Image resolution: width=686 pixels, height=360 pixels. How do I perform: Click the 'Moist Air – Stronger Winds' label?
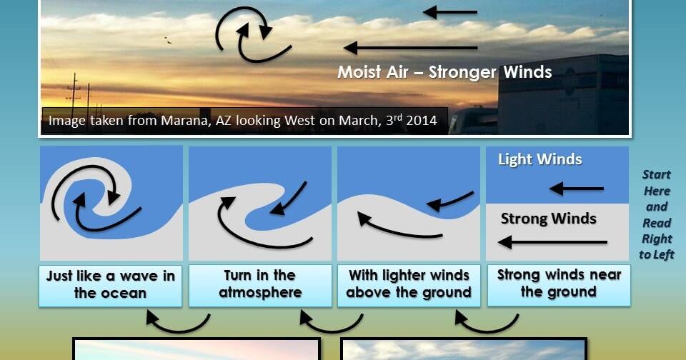(x=444, y=72)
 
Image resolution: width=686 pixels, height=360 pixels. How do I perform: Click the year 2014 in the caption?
(x=422, y=120)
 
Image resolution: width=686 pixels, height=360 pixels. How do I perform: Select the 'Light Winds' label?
(x=540, y=159)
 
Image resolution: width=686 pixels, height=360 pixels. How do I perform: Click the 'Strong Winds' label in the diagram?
(x=548, y=219)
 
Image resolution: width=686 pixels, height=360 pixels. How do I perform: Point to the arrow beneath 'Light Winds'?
(x=577, y=189)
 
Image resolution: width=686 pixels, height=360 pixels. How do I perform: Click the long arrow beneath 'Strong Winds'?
(x=552, y=242)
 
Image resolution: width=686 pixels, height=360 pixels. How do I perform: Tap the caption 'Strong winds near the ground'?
(x=559, y=284)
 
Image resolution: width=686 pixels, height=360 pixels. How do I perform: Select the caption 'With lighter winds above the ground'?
(x=409, y=284)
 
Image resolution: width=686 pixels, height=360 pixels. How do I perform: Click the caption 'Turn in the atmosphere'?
(x=260, y=284)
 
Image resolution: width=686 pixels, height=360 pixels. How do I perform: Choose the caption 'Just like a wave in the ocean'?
(x=111, y=284)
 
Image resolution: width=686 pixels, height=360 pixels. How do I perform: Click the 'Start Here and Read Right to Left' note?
(x=657, y=214)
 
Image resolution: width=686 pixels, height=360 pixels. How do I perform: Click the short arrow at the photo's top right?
(x=450, y=12)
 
